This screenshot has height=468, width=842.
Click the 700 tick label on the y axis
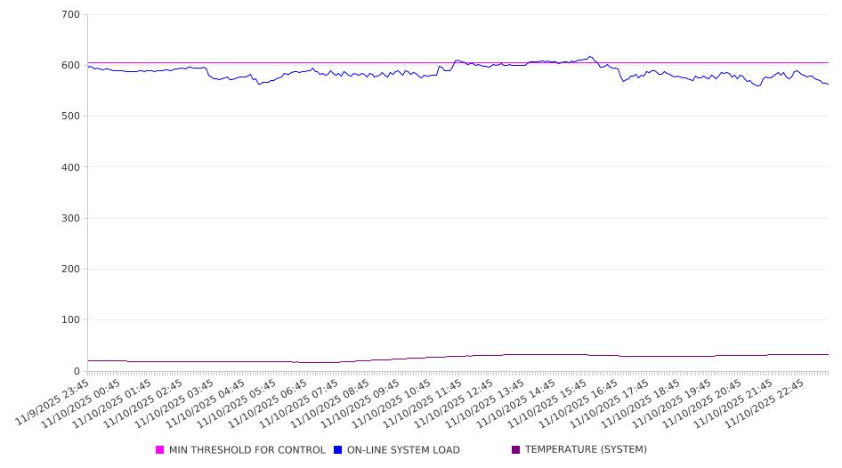pyautogui.click(x=70, y=15)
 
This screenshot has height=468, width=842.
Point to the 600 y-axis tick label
pyautogui.click(x=70, y=66)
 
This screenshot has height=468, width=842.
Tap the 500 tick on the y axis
pyautogui.click(x=70, y=117)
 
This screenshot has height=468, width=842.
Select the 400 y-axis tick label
pyautogui.click(x=70, y=167)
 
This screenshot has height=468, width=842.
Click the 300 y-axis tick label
pyautogui.click(x=70, y=218)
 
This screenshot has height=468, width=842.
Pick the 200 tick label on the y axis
pyautogui.click(x=70, y=270)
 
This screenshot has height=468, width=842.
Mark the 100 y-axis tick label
pyautogui.click(x=70, y=320)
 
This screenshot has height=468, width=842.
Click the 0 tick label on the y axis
pyautogui.click(x=77, y=371)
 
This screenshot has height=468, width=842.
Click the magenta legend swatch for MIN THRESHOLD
pyautogui.click(x=160, y=450)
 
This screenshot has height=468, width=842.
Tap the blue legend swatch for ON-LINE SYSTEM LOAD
pyautogui.click(x=338, y=450)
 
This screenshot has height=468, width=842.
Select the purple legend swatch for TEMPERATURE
pyautogui.click(x=516, y=450)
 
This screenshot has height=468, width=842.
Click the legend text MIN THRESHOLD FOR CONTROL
pyautogui.click(x=247, y=450)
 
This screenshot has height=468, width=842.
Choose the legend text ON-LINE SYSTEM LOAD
pyautogui.click(x=403, y=450)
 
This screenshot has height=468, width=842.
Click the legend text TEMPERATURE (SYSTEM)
pyautogui.click(x=586, y=450)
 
